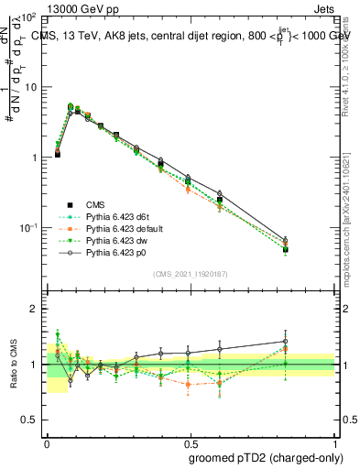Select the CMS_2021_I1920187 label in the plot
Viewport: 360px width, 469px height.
[191, 274]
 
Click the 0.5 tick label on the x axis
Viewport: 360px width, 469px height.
[191, 442]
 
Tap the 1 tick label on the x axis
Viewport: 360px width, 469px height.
[335, 442]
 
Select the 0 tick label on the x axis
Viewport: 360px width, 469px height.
[47, 442]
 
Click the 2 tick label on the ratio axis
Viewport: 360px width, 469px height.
[33, 310]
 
